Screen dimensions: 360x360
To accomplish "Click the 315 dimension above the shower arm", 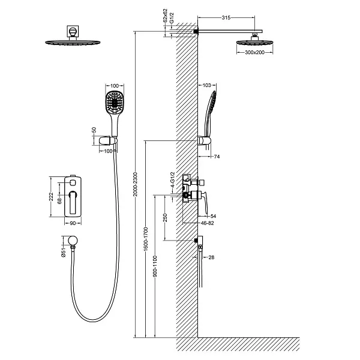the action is (x=226, y=17).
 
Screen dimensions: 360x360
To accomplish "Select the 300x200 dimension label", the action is (x=254, y=52).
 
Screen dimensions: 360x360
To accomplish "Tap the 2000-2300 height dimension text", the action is (x=135, y=184).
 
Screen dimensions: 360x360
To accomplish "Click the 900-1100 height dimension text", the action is (x=155, y=266).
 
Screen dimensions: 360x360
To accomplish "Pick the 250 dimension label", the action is (x=165, y=218).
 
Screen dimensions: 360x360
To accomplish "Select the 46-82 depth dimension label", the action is (x=208, y=223).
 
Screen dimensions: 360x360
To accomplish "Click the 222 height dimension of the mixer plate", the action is (x=51, y=197).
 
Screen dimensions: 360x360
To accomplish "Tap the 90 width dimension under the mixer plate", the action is (x=73, y=223).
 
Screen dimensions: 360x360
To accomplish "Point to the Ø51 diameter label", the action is (x=64, y=252).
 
